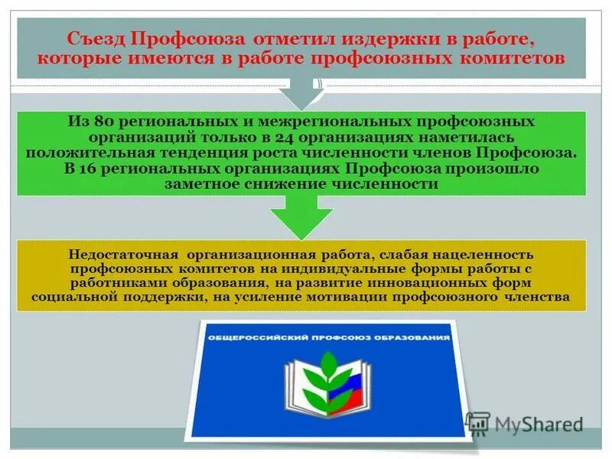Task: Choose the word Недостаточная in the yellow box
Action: tap(122, 254)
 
